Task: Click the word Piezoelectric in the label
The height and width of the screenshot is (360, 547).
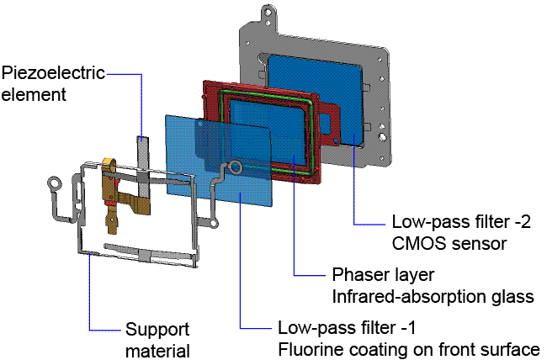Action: pos(52,73)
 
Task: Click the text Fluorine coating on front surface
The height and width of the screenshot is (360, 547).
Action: pos(409,348)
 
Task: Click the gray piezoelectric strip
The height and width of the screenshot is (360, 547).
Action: pos(143,160)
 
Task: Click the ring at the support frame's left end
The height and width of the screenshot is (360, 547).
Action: pos(55,182)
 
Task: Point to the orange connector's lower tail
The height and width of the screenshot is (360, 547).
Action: pos(112,225)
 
